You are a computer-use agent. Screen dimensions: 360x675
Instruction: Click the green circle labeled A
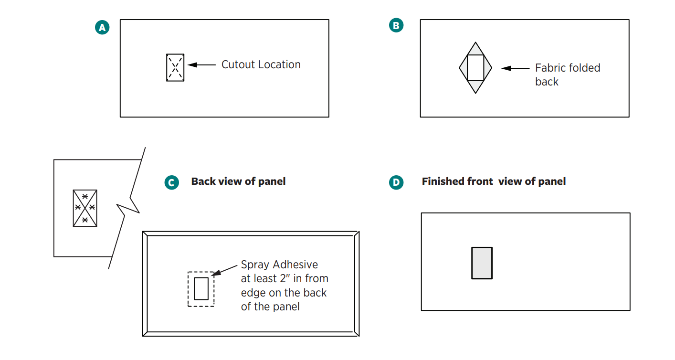point(102,28)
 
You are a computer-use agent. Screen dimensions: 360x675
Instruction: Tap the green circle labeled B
point(396,25)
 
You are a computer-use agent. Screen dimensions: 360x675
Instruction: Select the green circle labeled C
point(171,182)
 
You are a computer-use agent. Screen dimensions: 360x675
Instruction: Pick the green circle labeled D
point(396,182)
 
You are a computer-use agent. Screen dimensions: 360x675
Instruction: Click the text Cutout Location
point(261,65)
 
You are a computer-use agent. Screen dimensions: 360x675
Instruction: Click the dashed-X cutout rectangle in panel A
point(175,67)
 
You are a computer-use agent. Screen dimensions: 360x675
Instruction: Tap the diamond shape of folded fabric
point(475,68)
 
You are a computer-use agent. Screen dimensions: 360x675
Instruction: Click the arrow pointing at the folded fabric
point(515,68)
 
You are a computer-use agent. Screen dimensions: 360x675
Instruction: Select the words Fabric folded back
point(567,74)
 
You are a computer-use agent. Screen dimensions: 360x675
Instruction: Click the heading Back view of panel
point(238,181)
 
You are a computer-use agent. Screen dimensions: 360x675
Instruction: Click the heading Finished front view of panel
point(494,181)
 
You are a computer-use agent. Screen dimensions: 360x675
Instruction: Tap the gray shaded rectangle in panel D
point(482,263)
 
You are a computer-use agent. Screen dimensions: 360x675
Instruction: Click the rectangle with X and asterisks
point(85,208)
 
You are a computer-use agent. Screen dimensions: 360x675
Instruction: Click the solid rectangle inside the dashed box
point(201,288)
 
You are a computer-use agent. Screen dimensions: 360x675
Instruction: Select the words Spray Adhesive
point(279,265)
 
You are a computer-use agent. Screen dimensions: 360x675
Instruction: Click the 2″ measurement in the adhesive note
point(285,278)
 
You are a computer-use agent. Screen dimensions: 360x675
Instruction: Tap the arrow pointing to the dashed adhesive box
point(224,270)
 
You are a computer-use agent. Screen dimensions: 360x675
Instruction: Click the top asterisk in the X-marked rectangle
point(85,196)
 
